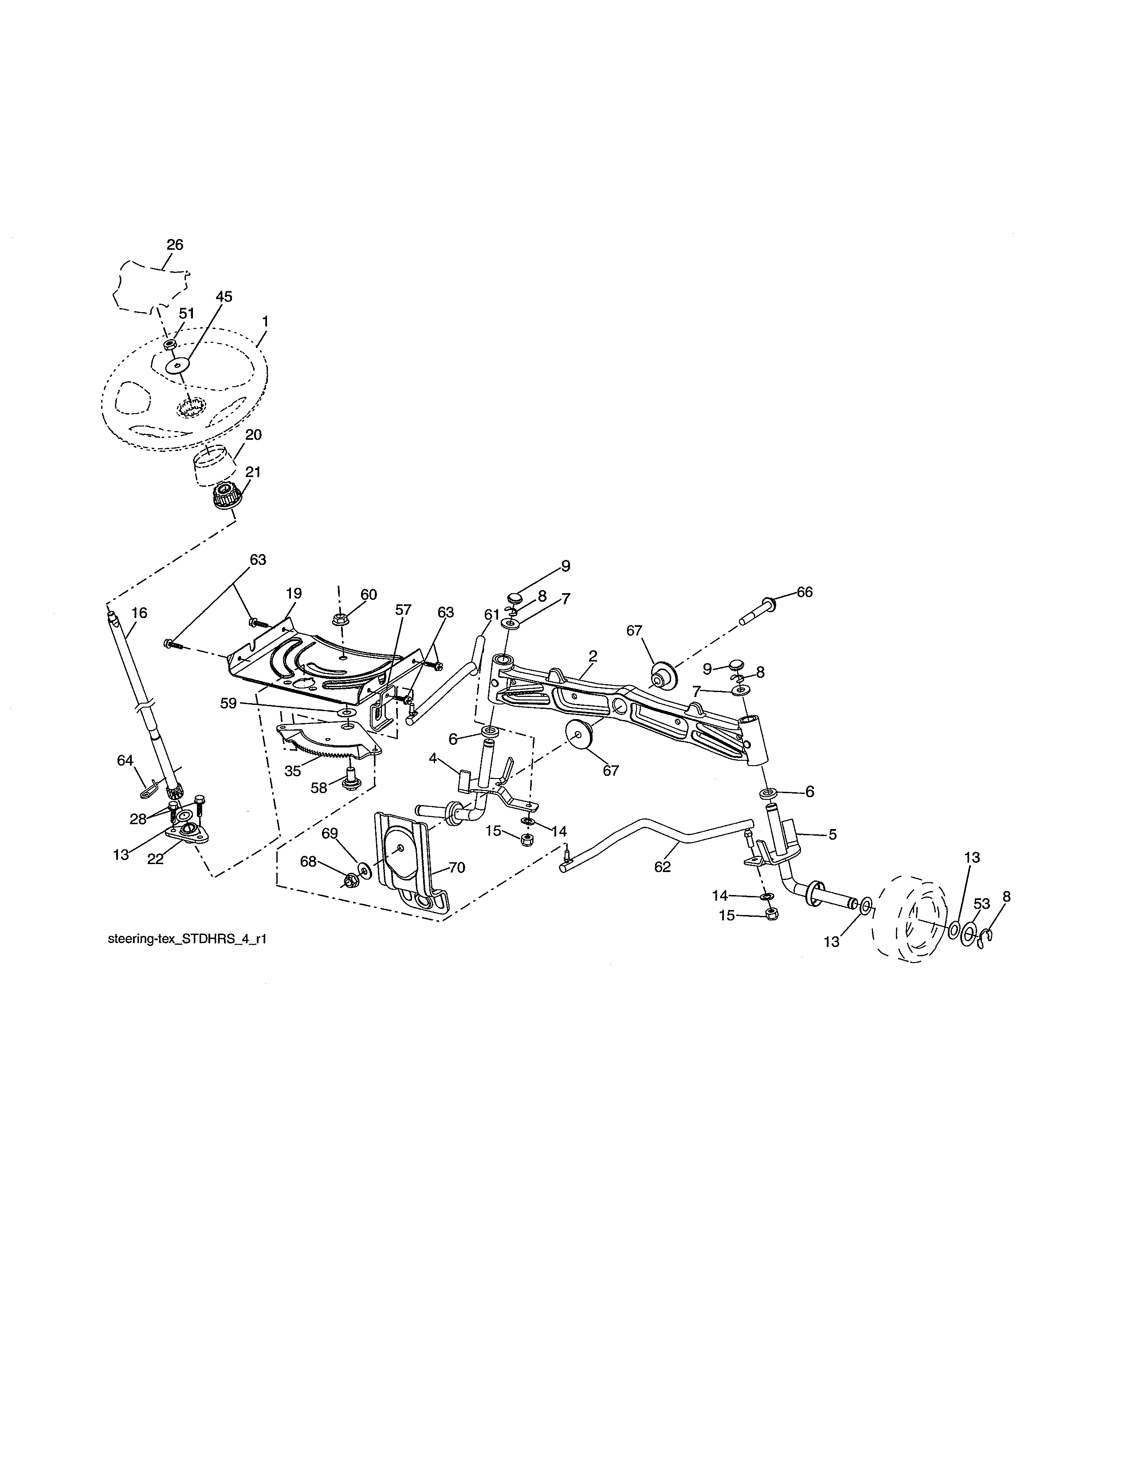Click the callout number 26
[175, 245]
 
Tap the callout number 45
[224, 297]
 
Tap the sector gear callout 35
[293, 771]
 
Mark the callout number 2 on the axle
[593, 655]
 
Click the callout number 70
[456, 868]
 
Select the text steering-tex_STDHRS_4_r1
[188, 939]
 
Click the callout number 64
[125, 760]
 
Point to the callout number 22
[155, 859]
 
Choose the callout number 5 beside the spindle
[832, 835]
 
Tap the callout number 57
[403, 610]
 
